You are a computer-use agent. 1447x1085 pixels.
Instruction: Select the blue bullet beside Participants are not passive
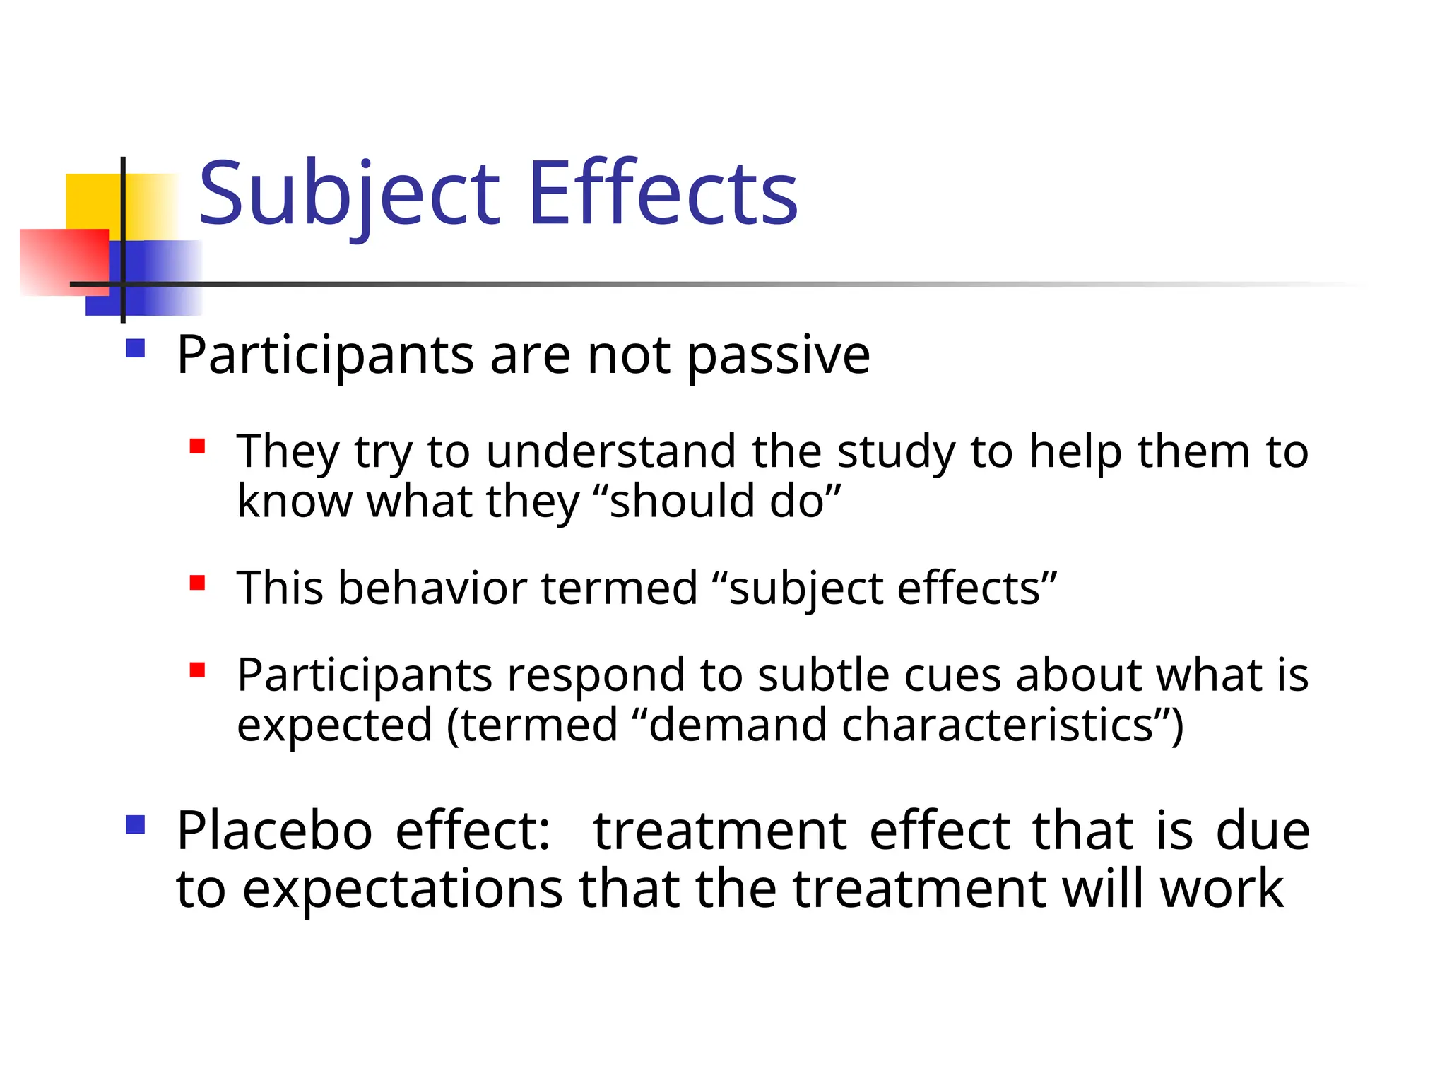(x=135, y=349)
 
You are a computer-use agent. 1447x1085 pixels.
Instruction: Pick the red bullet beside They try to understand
(x=197, y=446)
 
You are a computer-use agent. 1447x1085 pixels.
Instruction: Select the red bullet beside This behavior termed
(x=197, y=583)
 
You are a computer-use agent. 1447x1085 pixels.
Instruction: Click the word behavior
(x=432, y=588)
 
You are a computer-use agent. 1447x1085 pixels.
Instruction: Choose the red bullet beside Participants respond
(x=197, y=670)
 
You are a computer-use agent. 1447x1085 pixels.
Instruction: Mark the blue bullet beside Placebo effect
(x=135, y=824)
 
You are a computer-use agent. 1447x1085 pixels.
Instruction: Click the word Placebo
(x=274, y=831)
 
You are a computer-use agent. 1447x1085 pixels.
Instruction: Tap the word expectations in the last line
(x=403, y=889)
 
